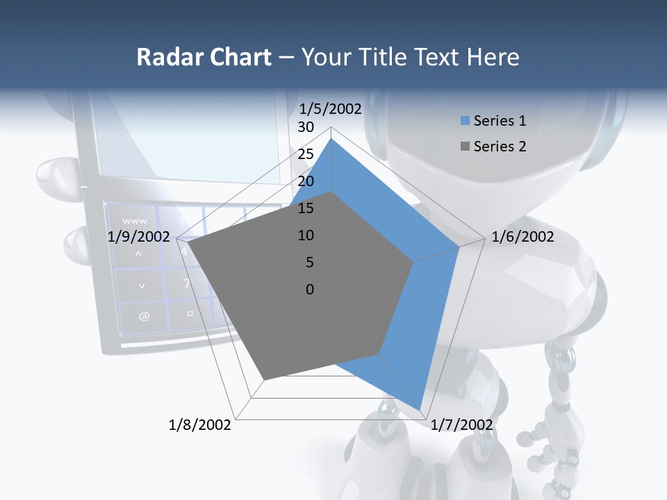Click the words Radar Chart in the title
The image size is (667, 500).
pos(204,57)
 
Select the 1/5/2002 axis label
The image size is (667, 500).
pos(330,108)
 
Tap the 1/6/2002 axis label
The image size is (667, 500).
pos(522,237)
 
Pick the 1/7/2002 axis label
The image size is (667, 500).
pos(461,424)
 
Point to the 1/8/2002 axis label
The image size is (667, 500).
pos(200,424)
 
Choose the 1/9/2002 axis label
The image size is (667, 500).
pos(139,237)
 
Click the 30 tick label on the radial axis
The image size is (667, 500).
pos(305,127)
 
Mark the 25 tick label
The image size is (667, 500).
pos(305,154)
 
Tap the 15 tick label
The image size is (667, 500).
pos(305,208)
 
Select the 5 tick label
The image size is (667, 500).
pos(309,262)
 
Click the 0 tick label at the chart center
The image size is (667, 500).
pos(309,290)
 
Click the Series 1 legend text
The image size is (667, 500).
pos(500,121)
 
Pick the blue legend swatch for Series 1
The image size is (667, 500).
pos(465,121)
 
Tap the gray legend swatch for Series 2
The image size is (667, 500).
pos(465,147)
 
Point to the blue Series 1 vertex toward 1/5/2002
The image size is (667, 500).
pos(331,138)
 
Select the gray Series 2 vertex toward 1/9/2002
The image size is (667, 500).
pos(188,242)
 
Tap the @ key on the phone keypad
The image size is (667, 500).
pos(144,317)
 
